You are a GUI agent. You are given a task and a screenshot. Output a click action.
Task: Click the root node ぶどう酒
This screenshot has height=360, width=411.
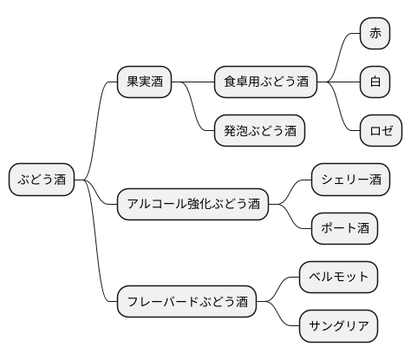point(42,180)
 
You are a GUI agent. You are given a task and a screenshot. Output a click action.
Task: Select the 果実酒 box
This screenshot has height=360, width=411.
point(145,82)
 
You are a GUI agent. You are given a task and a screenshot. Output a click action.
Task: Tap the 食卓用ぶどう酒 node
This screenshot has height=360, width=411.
point(265,82)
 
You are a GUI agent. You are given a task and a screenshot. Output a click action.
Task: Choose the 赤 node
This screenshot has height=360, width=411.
point(375,34)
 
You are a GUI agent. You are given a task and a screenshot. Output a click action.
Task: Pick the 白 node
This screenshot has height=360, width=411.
point(375,82)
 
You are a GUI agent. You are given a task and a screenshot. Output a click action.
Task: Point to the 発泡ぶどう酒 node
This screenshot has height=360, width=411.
point(259,131)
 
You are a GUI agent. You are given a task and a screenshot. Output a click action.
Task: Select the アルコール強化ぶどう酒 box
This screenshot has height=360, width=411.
point(192,205)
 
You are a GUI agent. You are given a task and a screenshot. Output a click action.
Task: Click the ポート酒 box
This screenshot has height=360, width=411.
point(345,229)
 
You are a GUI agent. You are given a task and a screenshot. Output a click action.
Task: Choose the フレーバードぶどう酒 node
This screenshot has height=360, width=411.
point(186,302)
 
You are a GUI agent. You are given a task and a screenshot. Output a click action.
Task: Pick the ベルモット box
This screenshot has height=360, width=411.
point(339,278)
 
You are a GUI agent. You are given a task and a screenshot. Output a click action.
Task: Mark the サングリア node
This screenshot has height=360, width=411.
point(339,327)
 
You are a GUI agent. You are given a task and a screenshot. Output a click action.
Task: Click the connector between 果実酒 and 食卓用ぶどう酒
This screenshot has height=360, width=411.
point(192,82)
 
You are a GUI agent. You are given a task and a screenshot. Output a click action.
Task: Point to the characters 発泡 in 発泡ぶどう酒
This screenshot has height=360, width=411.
point(236,131)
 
